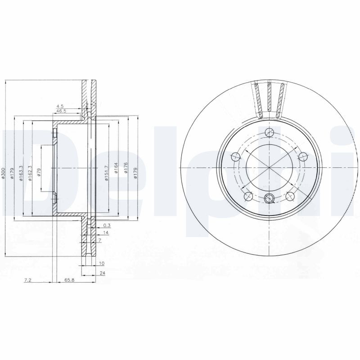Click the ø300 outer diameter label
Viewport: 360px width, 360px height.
pos(4,173)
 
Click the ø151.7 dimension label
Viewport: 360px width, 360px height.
pos(107,172)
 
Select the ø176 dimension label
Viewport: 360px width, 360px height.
pos(126,169)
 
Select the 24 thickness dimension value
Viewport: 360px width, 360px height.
pos(103,273)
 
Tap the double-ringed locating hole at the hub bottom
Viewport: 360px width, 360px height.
pos(269,198)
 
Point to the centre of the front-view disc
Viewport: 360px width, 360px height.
pos(269,167)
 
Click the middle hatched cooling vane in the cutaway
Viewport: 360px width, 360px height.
pos(269,97)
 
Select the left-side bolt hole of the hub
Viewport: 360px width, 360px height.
pos(235,157)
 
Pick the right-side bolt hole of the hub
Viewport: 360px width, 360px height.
pos(303,157)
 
